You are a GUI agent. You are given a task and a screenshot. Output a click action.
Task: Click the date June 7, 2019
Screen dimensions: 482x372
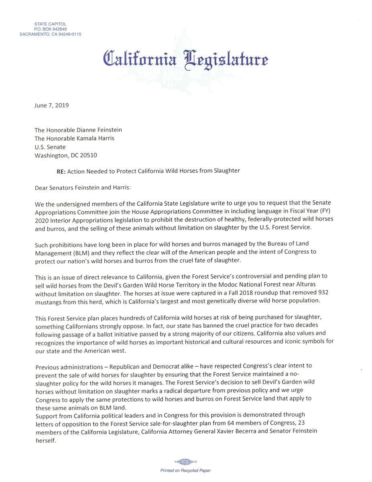52,106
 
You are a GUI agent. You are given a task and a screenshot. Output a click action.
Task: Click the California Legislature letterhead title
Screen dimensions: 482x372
186,58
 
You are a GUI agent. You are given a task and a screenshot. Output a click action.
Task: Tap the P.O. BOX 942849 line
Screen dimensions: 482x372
50,29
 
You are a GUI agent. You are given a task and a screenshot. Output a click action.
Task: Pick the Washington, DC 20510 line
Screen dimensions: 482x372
66,155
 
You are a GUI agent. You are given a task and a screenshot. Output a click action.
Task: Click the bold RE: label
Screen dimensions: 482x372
61,171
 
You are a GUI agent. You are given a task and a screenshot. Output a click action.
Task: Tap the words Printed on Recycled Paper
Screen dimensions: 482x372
185,470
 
